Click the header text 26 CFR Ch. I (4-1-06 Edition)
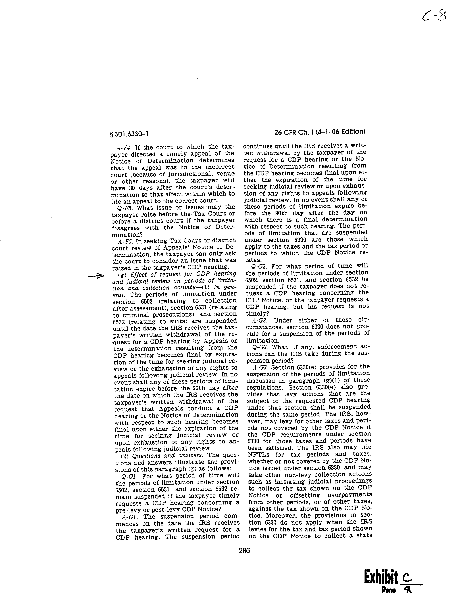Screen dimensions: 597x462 [x=319, y=132]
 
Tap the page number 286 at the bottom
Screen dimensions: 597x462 [x=244, y=550]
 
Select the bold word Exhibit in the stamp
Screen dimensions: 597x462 [x=381, y=577]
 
